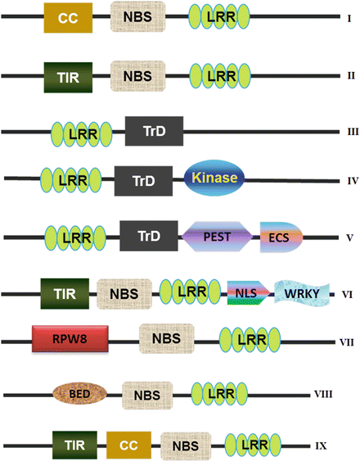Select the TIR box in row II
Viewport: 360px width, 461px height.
tap(68, 75)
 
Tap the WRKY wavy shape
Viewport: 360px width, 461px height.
tap(302, 292)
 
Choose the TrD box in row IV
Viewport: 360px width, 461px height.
tap(144, 179)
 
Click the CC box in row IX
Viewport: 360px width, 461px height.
tap(128, 446)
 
